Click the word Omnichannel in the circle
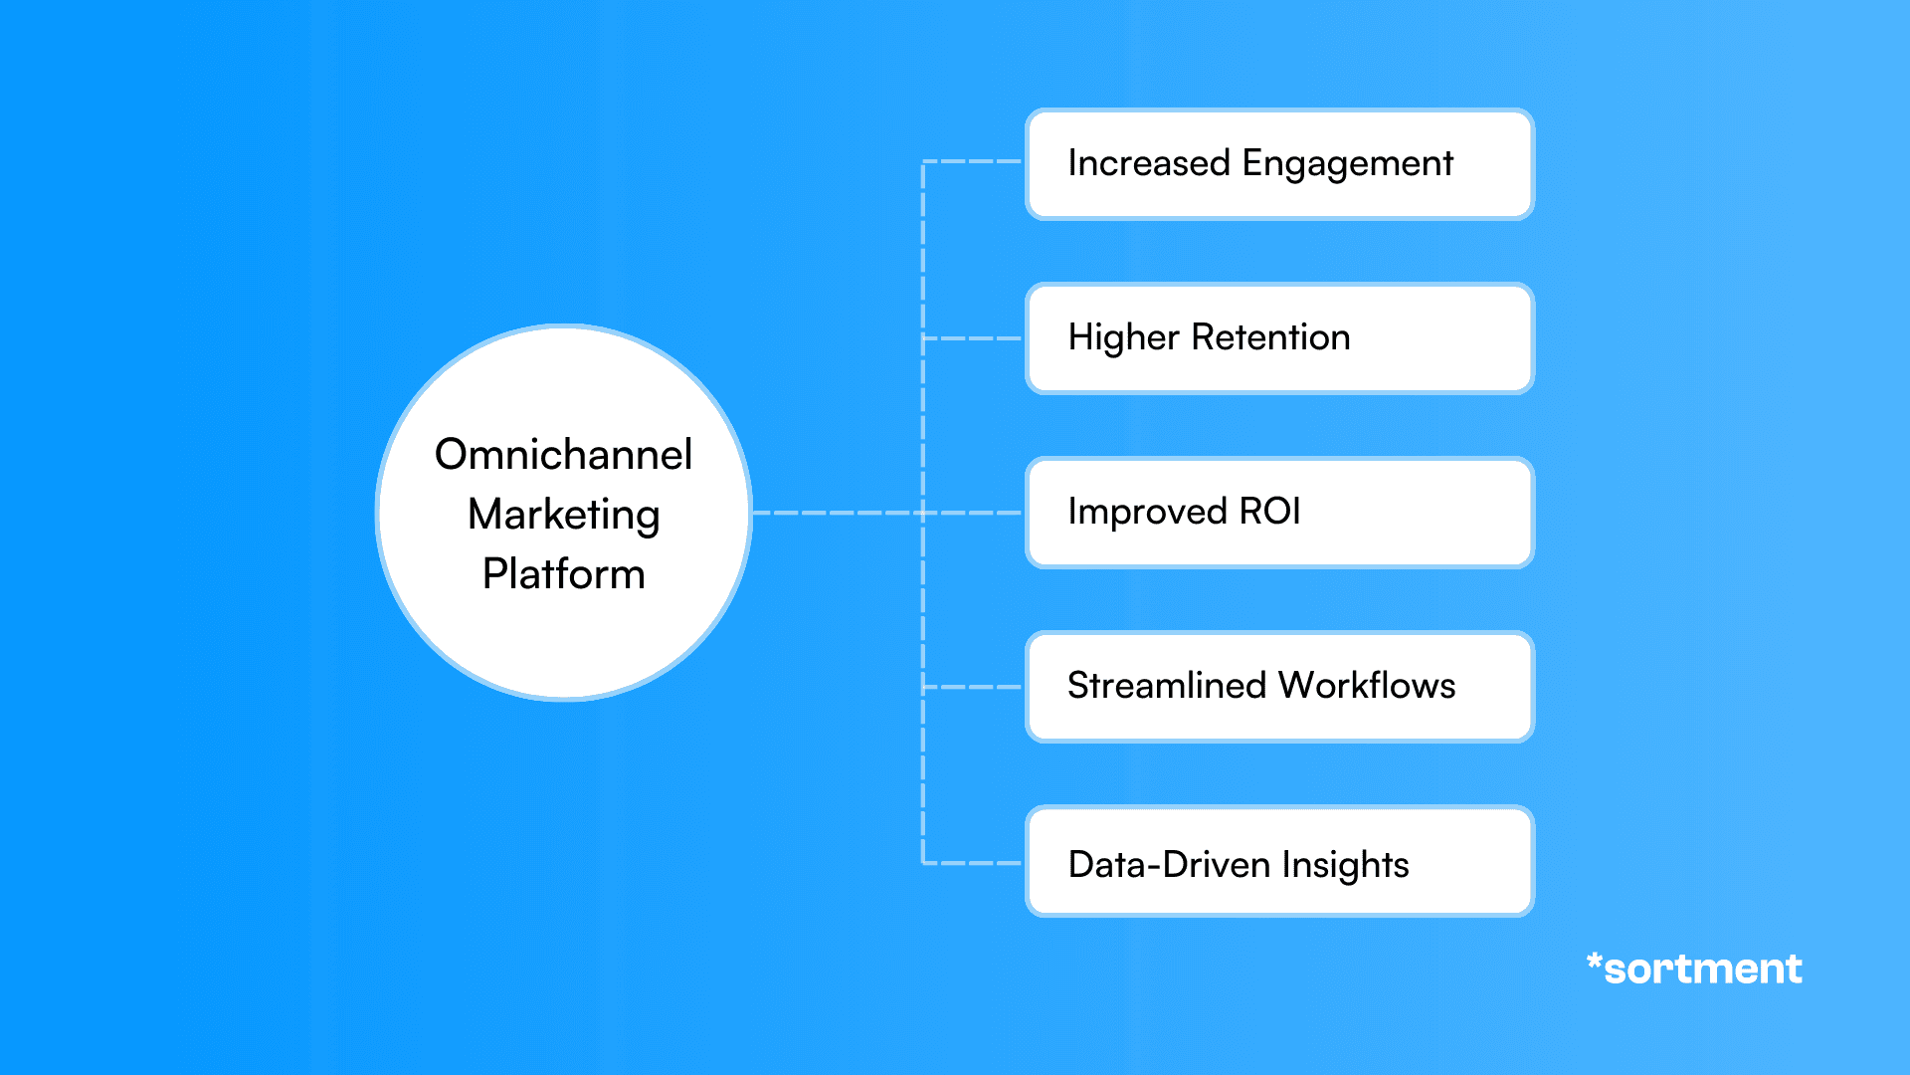pos(563,455)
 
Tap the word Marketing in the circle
pos(563,515)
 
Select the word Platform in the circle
pos(563,574)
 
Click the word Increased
pos(1148,163)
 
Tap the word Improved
pos(1147,513)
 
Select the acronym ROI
pos(1269,512)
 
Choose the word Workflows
pos(1367,686)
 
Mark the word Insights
pos(1345,865)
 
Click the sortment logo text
pos(1702,969)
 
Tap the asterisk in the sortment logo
pos(1594,961)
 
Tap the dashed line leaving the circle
pos(836,513)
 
